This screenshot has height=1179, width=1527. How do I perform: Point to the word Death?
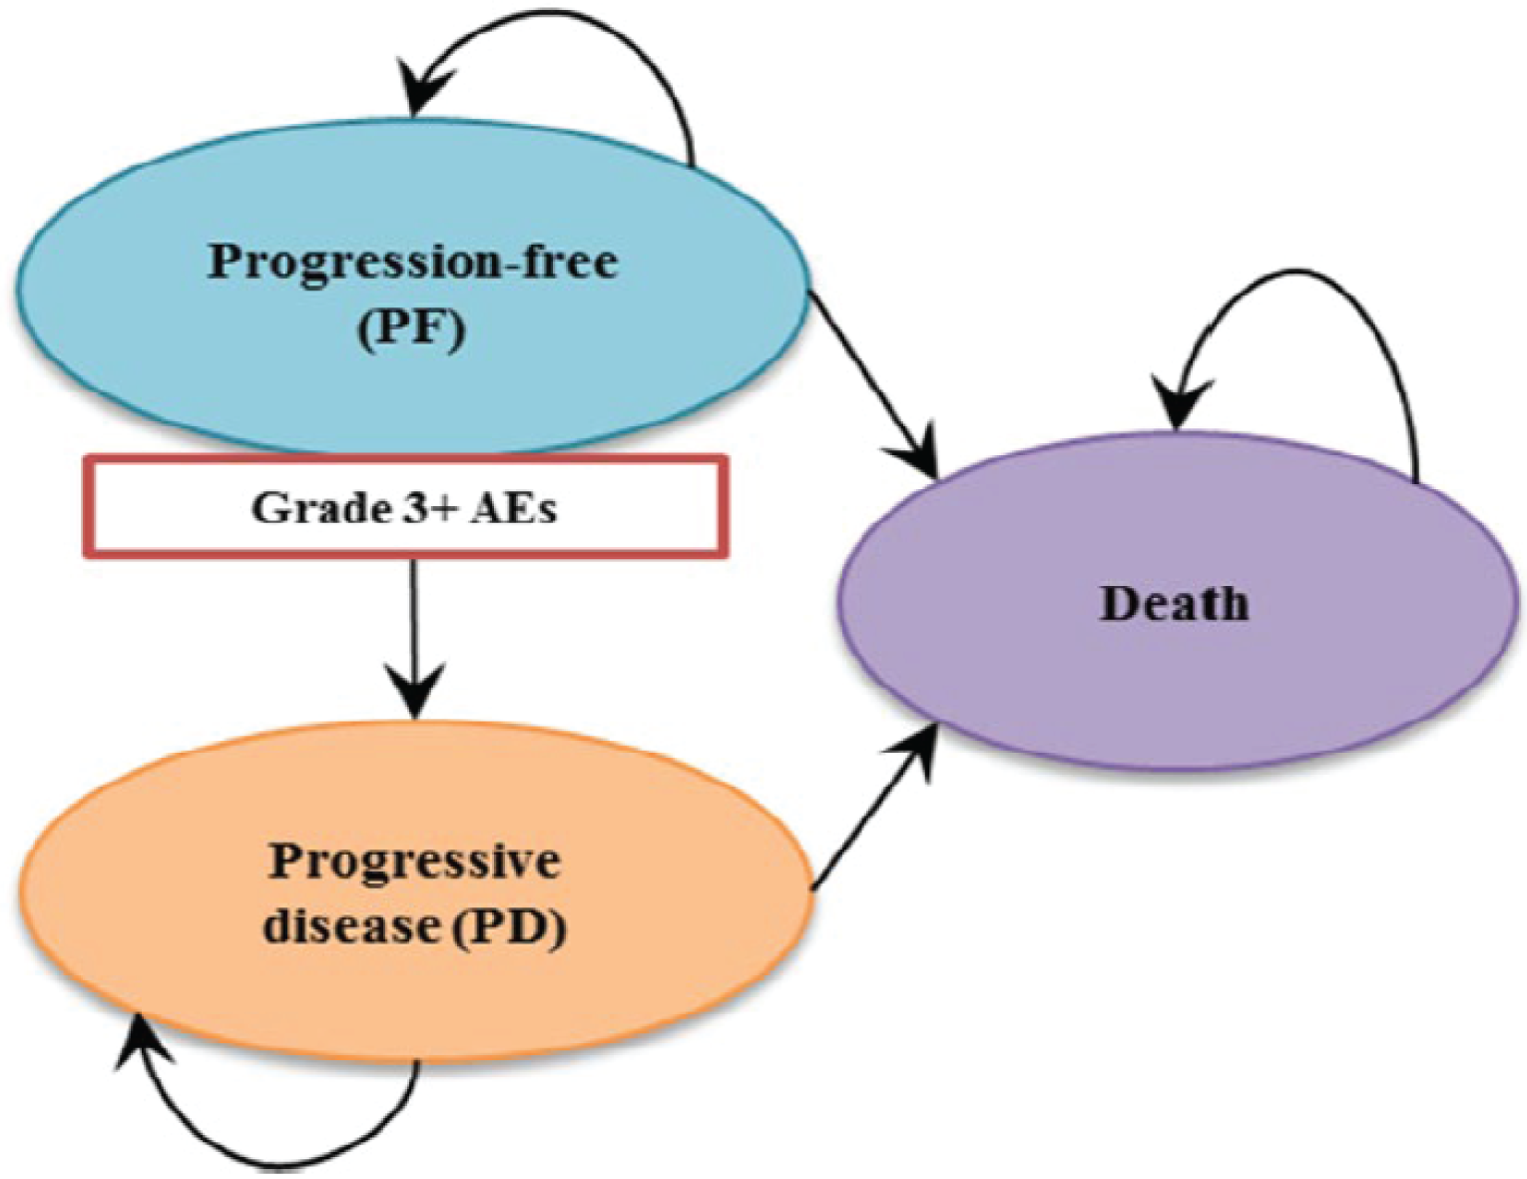coord(1174,604)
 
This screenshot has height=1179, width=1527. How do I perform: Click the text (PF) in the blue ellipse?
coord(411,329)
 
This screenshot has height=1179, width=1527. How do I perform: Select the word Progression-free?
coord(412,263)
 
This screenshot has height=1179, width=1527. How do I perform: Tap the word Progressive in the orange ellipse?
coord(414,861)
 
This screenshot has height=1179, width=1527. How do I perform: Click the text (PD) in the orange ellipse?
coord(509,926)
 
